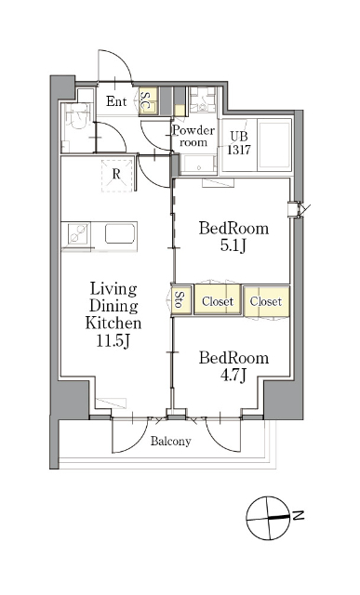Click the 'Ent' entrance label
(x=116, y=101)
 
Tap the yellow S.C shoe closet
(x=148, y=101)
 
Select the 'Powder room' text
(x=193, y=136)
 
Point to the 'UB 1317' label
(x=239, y=143)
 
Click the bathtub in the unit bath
(x=274, y=145)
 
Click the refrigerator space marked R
(x=117, y=176)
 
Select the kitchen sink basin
(x=120, y=233)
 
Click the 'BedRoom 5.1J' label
(x=233, y=237)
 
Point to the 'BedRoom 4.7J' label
(x=233, y=366)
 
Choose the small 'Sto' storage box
(x=181, y=299)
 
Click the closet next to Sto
(x=218, y=300)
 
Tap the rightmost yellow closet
(x=266, y=301)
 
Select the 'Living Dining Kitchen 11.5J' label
(x=113, y=315)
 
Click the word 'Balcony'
(x=170, y=442)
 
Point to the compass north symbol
(x=271, y=518)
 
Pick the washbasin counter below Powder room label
(x=198, y=165)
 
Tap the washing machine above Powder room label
(x=203, y=100)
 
